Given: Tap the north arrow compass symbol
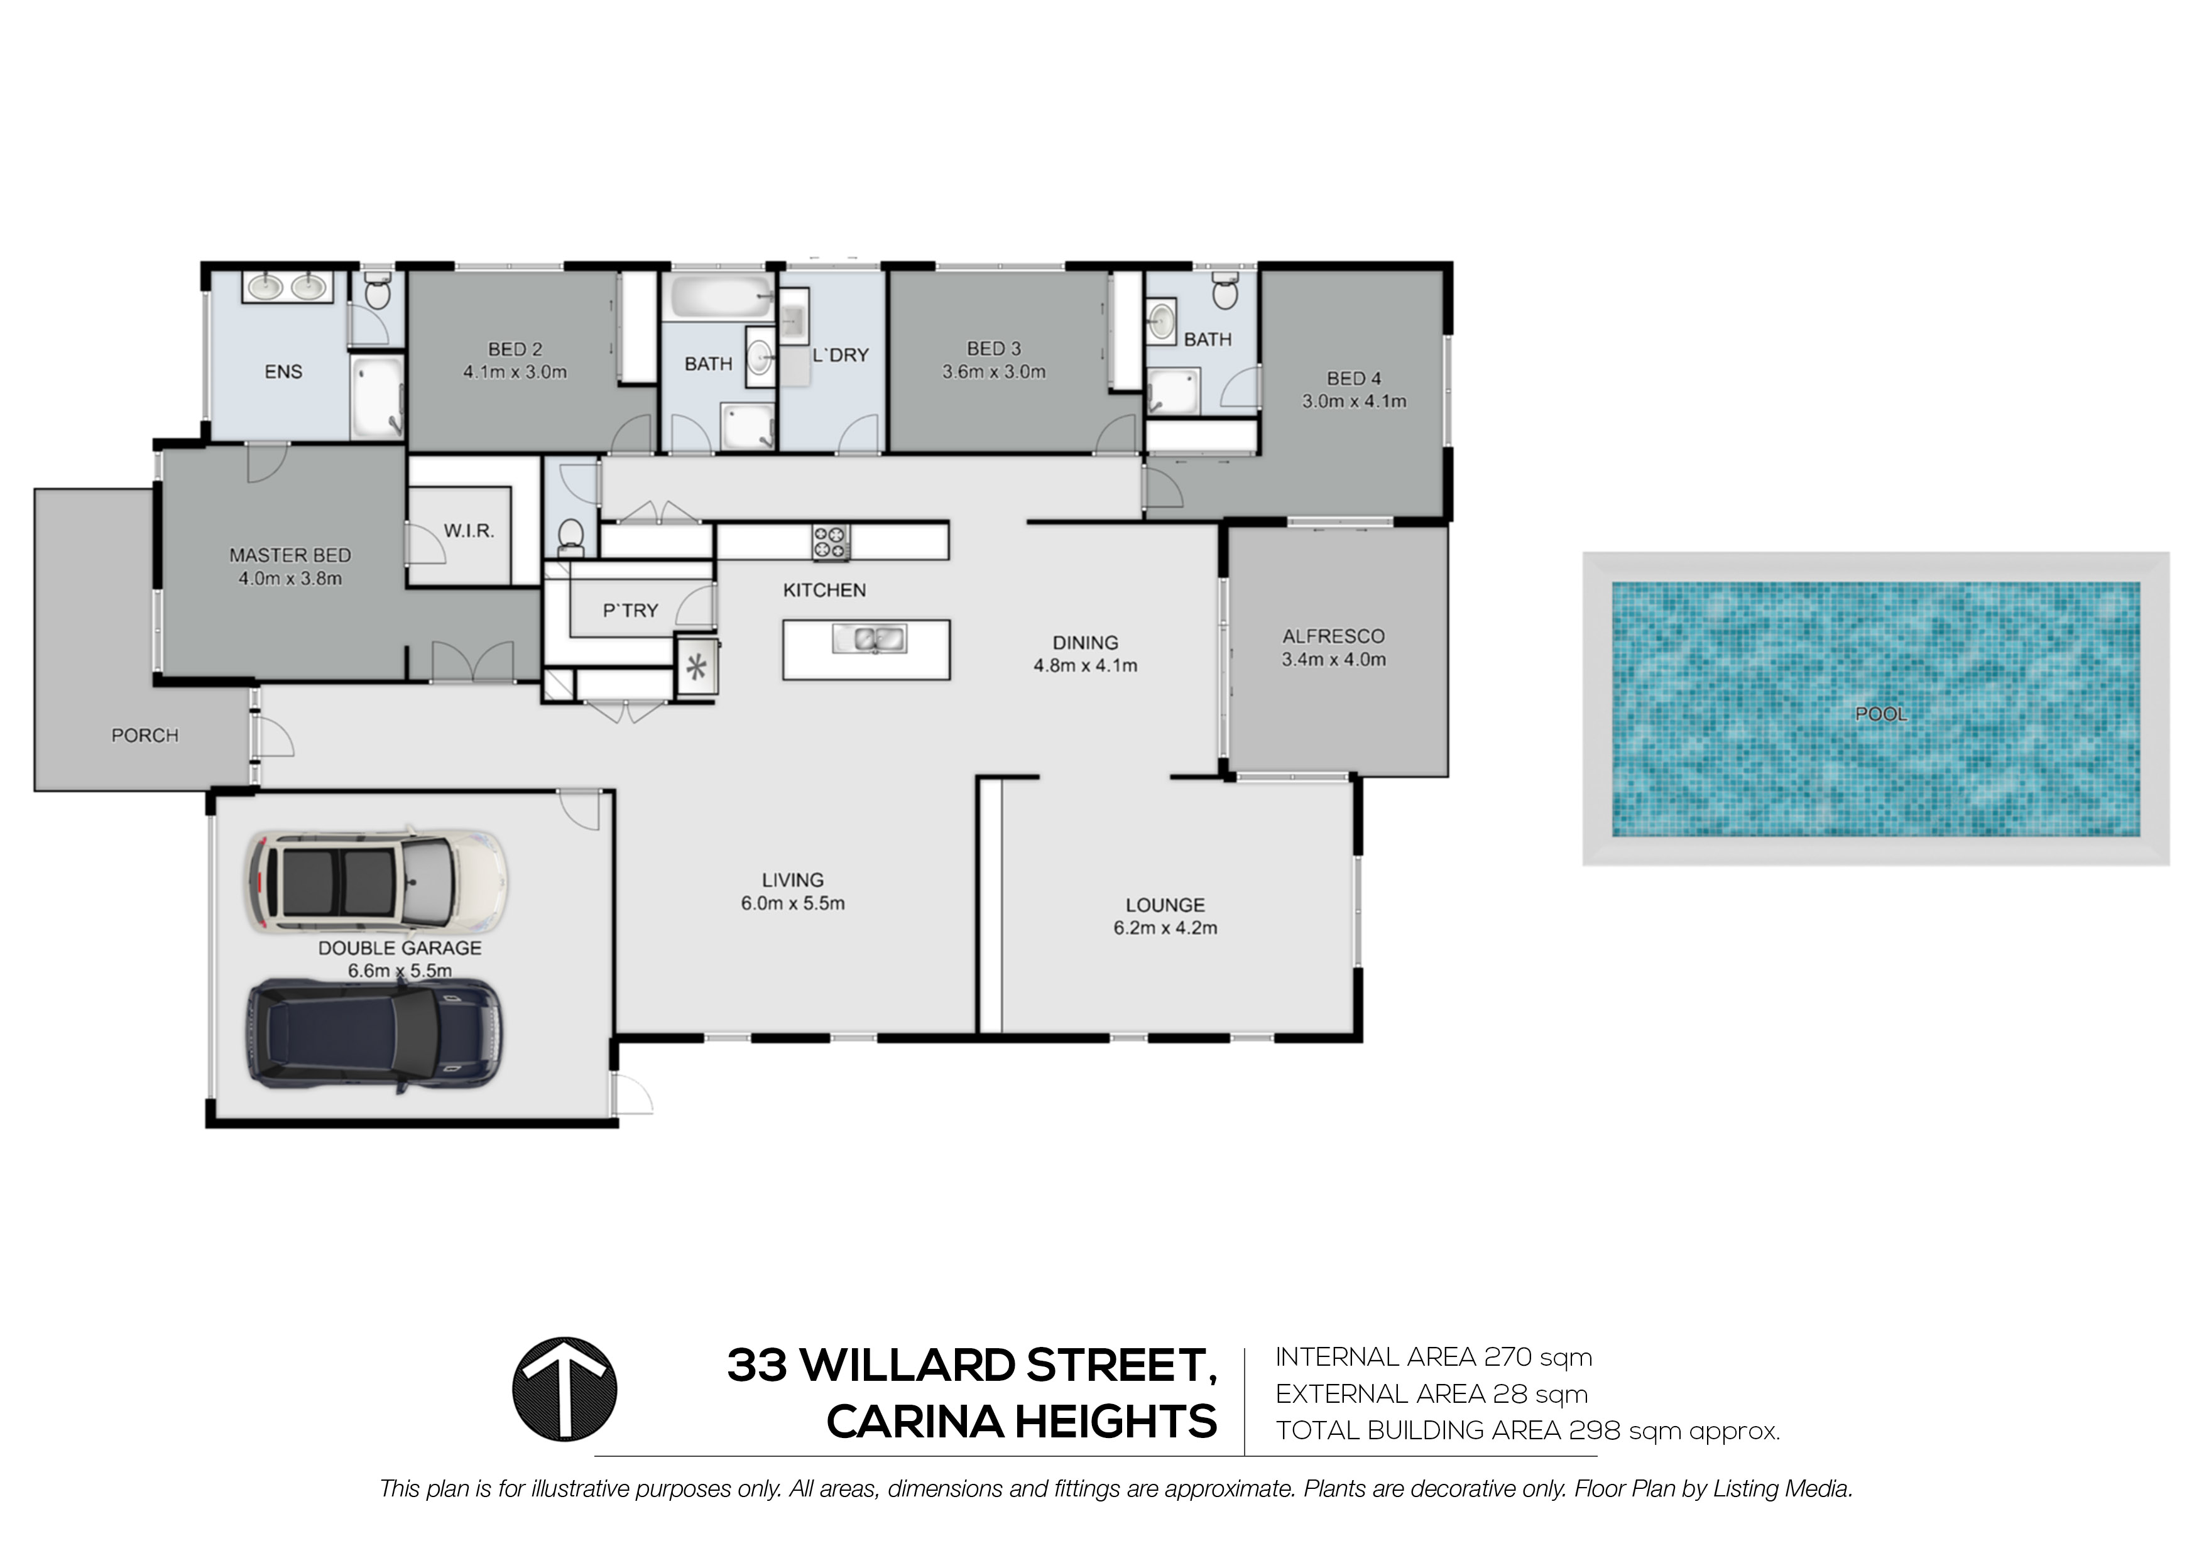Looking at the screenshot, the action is tap(564, 1388).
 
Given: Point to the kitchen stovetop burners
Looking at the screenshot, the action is tap(831, 542).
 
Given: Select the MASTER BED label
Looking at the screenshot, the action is tap(290, 555).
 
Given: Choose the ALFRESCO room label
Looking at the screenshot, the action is tap(1333, 636).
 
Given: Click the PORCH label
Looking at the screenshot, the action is tap(145, 735).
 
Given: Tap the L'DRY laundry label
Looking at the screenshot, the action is tap(840, 355).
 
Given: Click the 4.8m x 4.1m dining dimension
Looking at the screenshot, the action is tap(1086, 665).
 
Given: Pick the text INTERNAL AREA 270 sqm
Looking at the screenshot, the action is tap(1433, 1358).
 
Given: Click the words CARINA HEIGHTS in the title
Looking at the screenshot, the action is tap(1022, 1422).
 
